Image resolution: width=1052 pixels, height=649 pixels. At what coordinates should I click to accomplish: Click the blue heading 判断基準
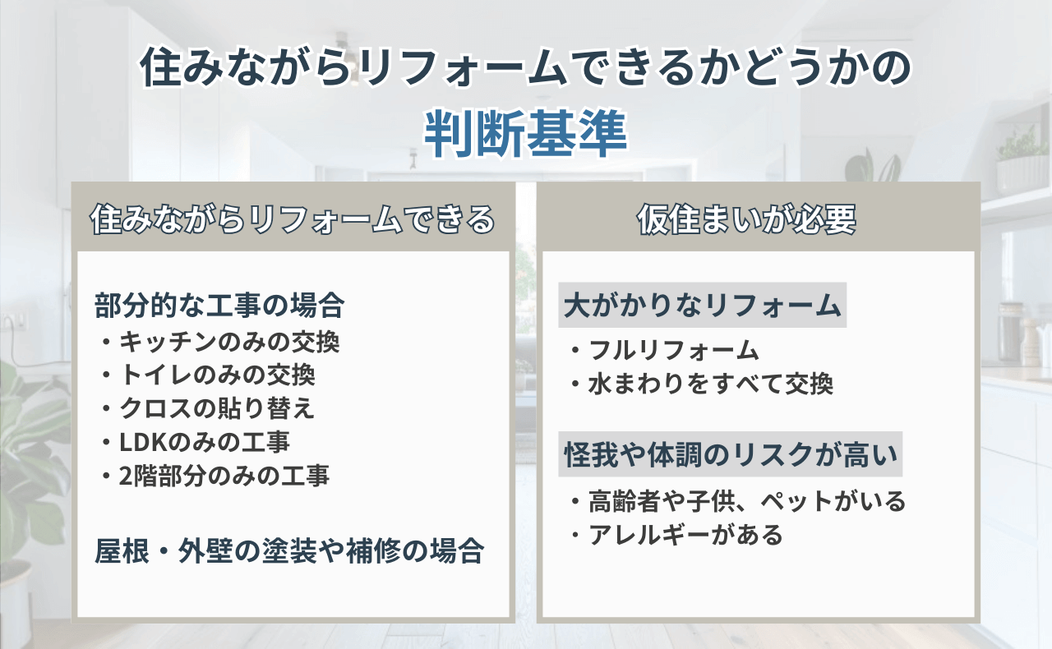pyautogui.click(x=525, y=134)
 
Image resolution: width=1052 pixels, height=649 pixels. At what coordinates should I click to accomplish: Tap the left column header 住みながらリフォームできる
pyautogui.click(x=293, y=219)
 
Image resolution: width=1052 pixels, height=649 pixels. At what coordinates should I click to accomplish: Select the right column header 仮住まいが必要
pyautogui.click(x=747, y=219)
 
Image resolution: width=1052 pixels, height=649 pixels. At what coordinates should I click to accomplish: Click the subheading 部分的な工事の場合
pyautogui.click(x=219, y=306)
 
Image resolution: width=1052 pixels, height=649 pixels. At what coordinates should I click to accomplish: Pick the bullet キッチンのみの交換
pyautogui.click(x=220, y=342)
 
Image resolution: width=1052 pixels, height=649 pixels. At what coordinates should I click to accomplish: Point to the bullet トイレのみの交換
pyautogui.click(x=208, y=375)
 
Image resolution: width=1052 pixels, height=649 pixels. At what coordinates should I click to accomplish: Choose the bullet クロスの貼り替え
pyautogui.click(x=208, y=408)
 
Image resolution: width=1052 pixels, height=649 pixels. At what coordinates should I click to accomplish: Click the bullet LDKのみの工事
pyautogui.click(x=196, y=442)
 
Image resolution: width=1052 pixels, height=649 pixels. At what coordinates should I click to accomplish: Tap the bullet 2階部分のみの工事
pyautogui.click(x=215, y=476)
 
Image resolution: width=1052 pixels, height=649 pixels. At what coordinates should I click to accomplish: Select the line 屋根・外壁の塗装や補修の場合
pyautogui.click(x=289, y=550)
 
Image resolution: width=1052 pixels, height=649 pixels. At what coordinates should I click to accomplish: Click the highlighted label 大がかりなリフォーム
pyautogui.click(x=702, y=306)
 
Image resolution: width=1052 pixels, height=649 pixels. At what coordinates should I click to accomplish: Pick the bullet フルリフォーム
pyautogui.click(x=665, y=350)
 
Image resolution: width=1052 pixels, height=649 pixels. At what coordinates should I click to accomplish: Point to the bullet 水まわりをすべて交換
pyautogui.click(x=702, y=384)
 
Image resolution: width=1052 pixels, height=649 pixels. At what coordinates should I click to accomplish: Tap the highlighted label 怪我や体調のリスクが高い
pyautogui.click(x=731, y=454)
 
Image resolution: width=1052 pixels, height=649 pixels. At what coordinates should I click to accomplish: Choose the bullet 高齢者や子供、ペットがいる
pyautogui.click(x=738, y=501)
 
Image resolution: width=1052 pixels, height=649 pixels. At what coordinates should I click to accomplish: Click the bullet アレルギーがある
pyautogui.click(x=676, y=535)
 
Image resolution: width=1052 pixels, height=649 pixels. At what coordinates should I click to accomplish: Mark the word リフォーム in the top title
pyautogui.click(x=464, y=67)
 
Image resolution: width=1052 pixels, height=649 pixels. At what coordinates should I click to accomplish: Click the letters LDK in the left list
pyautogui.click(x=143, y=442)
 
